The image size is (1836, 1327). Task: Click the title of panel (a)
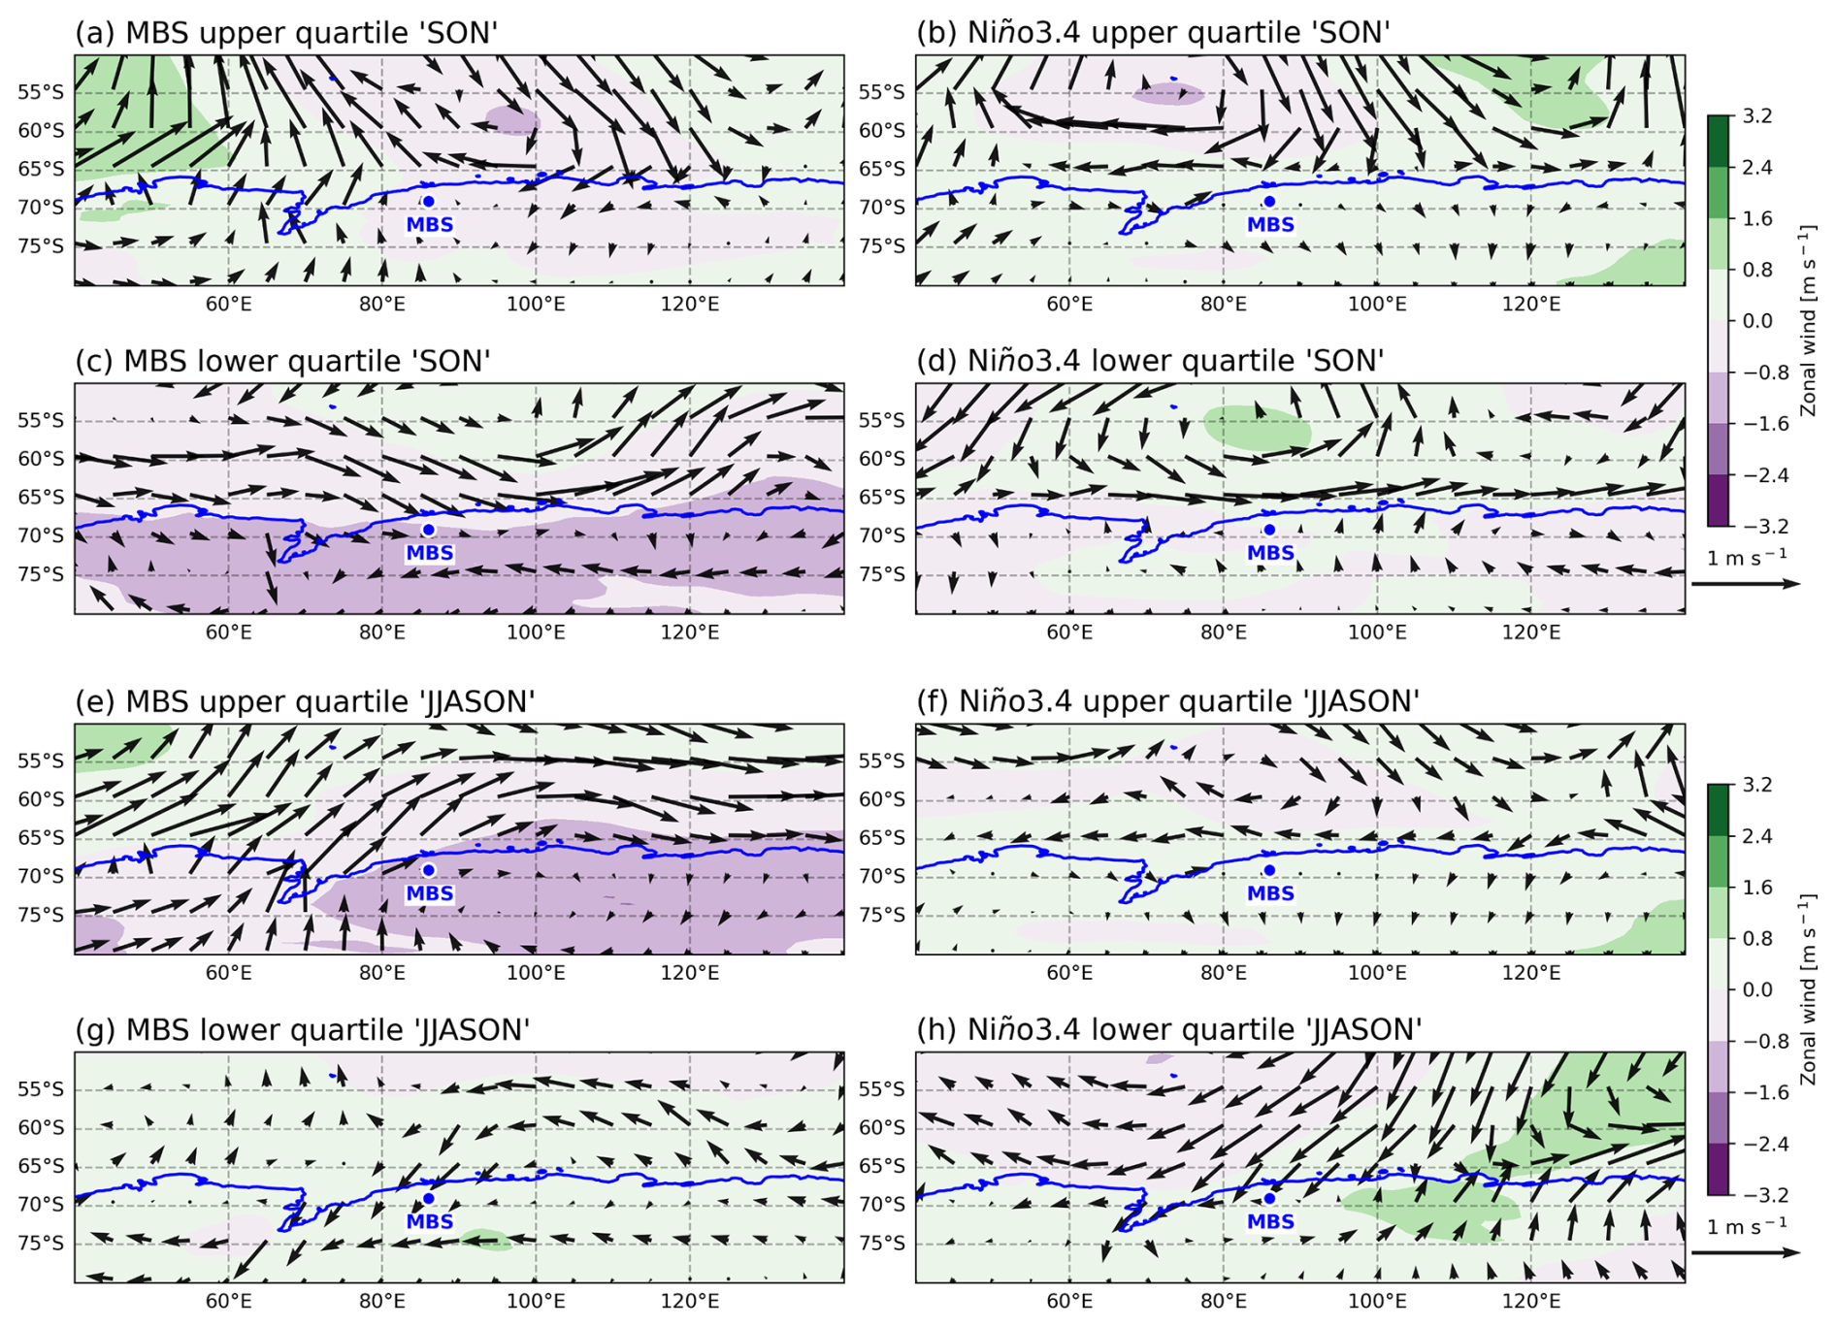[286, 33]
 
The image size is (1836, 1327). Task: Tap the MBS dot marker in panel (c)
[428, 530]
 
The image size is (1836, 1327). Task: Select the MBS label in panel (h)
[1270, 1221]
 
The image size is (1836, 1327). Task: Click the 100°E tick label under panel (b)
[1377, 305]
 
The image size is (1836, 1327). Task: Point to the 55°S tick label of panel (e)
[41, 761]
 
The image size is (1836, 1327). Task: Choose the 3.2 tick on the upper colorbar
[1756, 116]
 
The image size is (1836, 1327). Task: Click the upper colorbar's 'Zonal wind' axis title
[1807, 320]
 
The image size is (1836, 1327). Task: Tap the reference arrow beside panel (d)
[1745, 584]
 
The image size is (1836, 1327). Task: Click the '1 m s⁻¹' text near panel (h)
[1746, 1227]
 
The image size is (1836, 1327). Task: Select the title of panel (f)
[1167, 701]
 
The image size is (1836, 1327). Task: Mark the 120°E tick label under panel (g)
[690, 1302]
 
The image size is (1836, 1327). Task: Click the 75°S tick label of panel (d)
[881, 574]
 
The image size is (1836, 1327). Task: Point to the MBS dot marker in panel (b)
[1269, 202]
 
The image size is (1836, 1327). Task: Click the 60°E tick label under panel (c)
[228, 633]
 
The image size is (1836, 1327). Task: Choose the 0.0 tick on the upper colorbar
[1756, 321]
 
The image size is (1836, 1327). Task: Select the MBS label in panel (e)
[430, 893]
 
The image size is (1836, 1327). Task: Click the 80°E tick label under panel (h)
[1223, 1302]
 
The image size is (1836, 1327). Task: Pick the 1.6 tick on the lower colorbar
[1756, 888]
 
